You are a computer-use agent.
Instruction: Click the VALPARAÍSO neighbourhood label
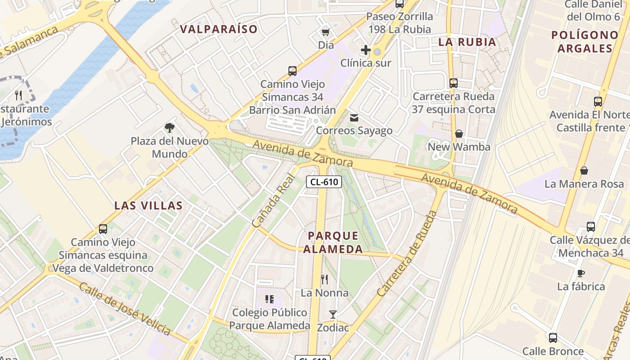219,29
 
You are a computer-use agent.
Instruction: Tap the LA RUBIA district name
467,42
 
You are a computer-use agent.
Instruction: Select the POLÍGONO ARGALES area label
585,41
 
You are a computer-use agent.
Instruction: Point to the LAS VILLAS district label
148,206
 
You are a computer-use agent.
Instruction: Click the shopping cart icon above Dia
325,31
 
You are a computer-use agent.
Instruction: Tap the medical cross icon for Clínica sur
365,49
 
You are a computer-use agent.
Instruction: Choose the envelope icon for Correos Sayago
354,118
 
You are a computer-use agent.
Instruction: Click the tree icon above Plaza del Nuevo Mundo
169,128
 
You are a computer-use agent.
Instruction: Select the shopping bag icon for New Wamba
459,134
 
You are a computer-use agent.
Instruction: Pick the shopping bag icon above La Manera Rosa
584,171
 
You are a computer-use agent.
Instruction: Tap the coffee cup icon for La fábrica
580,273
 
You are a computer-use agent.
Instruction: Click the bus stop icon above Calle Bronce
553,337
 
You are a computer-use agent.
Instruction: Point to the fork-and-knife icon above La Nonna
324,279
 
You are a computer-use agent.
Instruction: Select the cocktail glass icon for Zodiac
333,314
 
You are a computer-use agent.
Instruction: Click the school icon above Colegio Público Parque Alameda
270,299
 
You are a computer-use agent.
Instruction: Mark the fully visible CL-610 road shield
324,182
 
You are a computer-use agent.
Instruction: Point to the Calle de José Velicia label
125,309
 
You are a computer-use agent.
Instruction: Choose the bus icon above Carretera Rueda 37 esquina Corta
453,83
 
